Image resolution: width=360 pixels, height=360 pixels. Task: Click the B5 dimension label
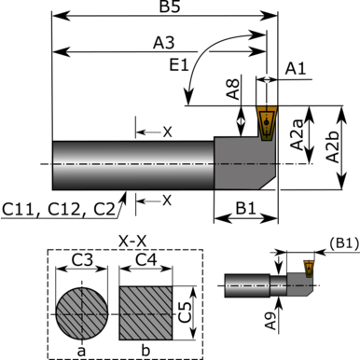[x=170, y=7]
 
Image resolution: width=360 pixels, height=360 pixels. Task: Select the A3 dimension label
[x=163, y=43]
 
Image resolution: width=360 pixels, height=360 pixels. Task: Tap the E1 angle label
[x=179, y=65]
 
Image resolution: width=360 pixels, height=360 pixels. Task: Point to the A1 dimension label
[x=296, y=68]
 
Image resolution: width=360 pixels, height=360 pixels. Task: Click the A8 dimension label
[x=233, y=89]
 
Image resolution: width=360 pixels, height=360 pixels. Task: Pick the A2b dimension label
[x=332, y=146]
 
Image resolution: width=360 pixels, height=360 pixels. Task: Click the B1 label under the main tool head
[x=246, y=209]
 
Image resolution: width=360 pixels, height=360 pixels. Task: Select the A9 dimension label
[x=270, y=321]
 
